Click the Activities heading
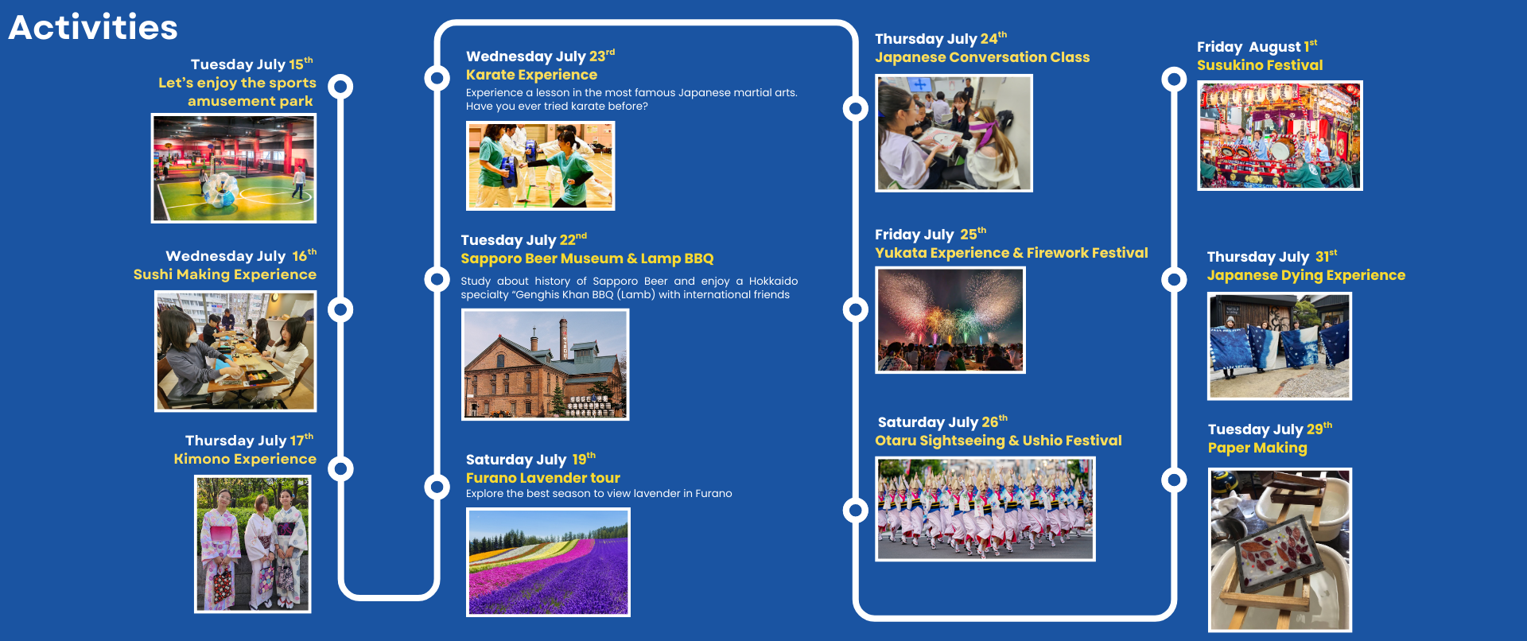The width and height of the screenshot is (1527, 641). [93, 28]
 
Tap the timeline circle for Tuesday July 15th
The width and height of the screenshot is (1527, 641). [341, 86]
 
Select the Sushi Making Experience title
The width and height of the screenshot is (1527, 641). [225, 274]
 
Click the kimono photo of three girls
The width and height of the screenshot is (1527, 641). [253, 545]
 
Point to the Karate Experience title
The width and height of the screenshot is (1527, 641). [531, 75]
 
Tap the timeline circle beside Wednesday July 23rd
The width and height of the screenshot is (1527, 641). [437, 78]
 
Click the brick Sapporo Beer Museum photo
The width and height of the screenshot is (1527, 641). [546, 364]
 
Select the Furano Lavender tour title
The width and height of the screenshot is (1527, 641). [543, 478]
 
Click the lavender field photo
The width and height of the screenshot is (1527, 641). [548, 562]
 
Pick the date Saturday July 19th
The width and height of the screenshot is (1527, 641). [530, 459]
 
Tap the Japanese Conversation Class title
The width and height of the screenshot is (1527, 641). [982, 57]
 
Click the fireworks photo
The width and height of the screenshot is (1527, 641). [950, 320]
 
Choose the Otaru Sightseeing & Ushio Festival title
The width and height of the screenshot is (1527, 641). [998, 441]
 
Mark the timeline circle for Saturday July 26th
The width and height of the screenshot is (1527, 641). [856, 510]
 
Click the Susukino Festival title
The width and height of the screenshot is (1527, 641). [1260, 65]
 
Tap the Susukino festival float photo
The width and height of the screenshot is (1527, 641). [1280, 136]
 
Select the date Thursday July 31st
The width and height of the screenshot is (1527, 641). [1272, 256]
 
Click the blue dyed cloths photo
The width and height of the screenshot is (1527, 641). [1280, 346]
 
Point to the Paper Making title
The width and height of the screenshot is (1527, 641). [1257, 448]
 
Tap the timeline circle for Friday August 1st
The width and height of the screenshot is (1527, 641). [1174, 79]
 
